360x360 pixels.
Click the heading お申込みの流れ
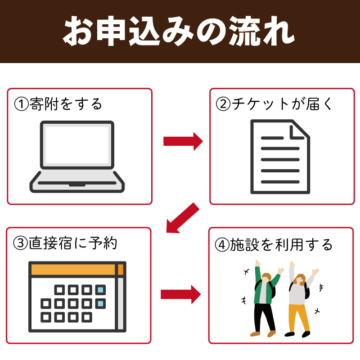179,31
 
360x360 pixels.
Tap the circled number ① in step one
21,104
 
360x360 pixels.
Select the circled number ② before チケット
223,104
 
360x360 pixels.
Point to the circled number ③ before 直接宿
20,243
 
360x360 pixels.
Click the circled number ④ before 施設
222,245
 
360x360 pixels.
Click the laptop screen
77,145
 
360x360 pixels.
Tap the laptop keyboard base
77,182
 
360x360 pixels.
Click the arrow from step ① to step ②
183,141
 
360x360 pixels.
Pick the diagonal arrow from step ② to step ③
183,218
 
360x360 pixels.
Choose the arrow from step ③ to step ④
181,294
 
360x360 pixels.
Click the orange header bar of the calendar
77,270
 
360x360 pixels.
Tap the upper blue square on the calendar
100,290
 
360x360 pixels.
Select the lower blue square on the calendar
100,304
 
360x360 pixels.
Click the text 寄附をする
66,104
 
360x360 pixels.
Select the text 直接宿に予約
73,243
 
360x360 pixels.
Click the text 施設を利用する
281,245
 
